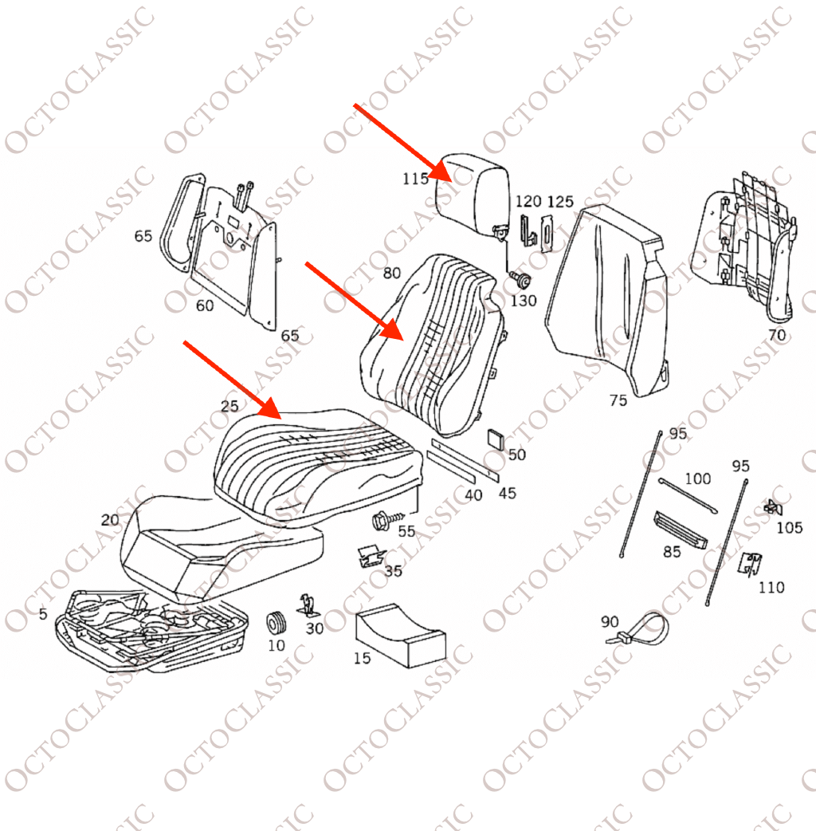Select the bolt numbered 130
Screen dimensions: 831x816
pyautogui.click(x=522, y=280)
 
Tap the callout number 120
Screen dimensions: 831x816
pyautogui.click(x=528, y=201)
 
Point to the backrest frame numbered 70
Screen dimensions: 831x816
pyautogui.click(x=749, y=247)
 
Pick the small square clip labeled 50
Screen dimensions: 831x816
pyautogui.click(x=496, y=439)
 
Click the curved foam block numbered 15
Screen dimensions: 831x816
pyautogui.click(x=398, y=635)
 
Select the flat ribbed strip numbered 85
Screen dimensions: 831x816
pyautogui.click(x=681, y=529)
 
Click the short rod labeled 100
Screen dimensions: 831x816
pyautogui.click(x=688, y=494)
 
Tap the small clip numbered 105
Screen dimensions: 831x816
pyautogui.click(x=771, y=506)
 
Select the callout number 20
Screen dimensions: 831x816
pyautogui.click(x=110, y=520)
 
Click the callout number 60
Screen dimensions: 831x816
pyautogui.click(x=205, y=305)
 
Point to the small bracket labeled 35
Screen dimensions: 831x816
pyautogui.click(x=368, y=556)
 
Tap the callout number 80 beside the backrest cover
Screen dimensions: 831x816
pyautogui.click(x=391, y=274)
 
